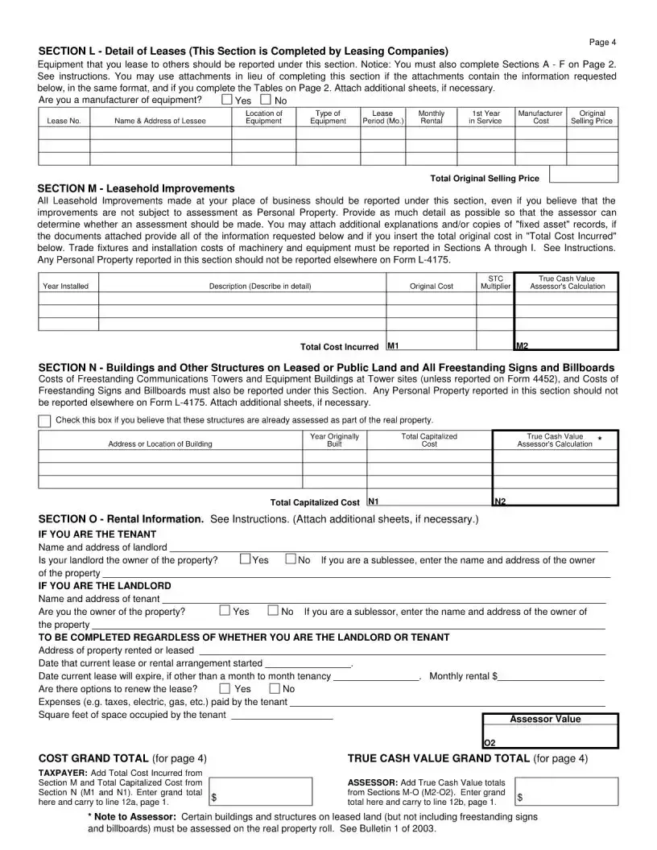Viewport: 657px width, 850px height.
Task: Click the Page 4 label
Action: coord(602,42)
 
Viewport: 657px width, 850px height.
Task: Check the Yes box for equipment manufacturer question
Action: coord(227,100)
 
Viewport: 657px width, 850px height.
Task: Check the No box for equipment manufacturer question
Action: coord(266,100)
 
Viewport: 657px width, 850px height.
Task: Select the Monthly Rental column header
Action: coord(432,118)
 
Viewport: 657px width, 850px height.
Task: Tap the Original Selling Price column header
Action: coord(592,118)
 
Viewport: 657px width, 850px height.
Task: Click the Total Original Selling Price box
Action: coord(582,175)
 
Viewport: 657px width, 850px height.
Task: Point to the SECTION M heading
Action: coord(137,188)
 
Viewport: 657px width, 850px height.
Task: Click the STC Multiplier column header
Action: coord(496,282)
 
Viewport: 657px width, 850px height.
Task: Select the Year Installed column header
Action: coord(66,286)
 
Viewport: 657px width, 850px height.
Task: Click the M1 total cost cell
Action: coord(449,345)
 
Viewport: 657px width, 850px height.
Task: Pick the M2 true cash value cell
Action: coord(566,345)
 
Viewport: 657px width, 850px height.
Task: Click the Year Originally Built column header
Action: coord(334,440)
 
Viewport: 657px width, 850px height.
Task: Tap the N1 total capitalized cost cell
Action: coord(428,501)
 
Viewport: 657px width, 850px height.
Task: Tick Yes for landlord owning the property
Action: coord(245,560)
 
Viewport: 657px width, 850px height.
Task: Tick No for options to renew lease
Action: coord(275,689)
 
